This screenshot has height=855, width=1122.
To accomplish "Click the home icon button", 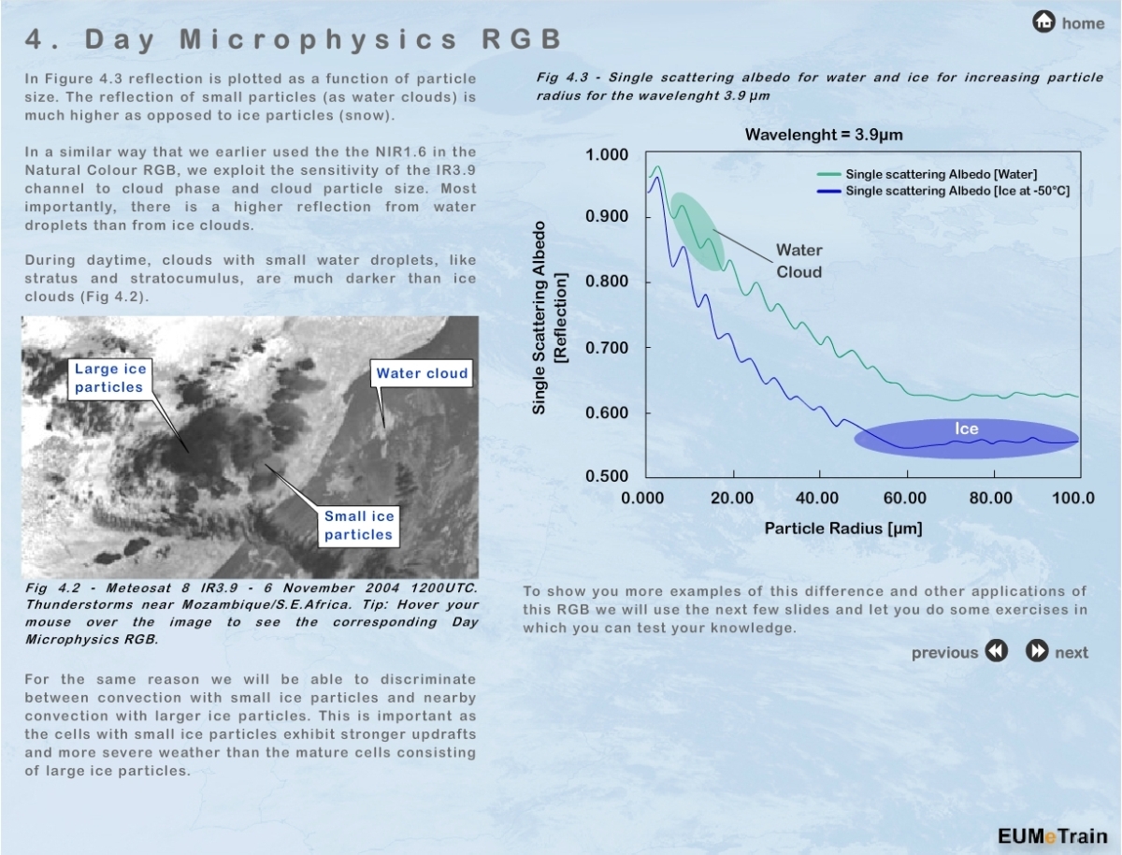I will click(x=1044, y=22).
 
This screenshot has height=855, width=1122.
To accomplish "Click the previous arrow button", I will click(x=997, y=652).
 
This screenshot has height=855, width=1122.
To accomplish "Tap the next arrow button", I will click(x=1037, y=652).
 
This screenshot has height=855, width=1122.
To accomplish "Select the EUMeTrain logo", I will click(x=1051, y=836).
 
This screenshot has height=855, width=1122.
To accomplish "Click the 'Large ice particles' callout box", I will click(x=109, y=378).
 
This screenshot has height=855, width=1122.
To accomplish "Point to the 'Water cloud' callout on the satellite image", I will click(x=422, y=373).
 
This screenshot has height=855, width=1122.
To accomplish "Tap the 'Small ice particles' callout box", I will click(x=359, y=525).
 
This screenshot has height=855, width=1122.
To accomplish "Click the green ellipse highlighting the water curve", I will click(x=698, y=231).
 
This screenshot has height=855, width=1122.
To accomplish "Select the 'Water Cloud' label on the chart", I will click(x=798, y=261).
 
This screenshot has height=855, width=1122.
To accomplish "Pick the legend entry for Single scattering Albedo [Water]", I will click(x=941, y=174).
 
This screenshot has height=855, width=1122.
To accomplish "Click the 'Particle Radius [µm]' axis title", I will click(x=843, y=529).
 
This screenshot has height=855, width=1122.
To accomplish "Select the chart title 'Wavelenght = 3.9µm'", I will click(x=824, y=135).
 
